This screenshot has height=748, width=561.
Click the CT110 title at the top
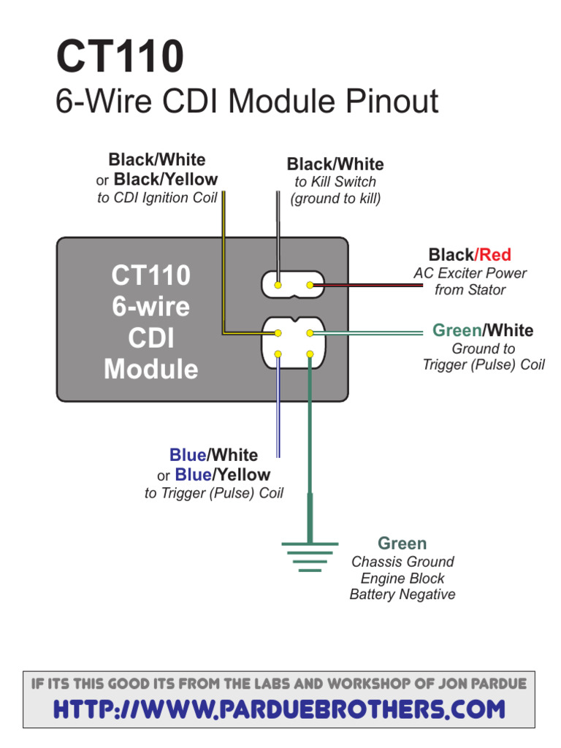pos(120,58)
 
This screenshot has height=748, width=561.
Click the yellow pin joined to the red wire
pos(310,285)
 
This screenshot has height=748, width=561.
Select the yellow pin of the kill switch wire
pos(278,285)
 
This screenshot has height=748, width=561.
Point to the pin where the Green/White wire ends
pos(310,333)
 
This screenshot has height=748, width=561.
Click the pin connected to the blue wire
pos(278,355)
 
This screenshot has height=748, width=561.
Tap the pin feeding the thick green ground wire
pos(310,355)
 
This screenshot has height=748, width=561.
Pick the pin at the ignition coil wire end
pos(278,333)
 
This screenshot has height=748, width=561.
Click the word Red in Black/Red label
pos(495,255)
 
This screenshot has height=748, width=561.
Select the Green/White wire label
pos(483,330)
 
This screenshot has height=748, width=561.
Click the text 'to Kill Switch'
pos(335,182)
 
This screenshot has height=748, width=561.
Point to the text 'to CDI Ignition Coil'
pos(157,198)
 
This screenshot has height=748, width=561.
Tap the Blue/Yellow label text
pos(222,475)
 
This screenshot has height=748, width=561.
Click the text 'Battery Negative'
pos(402,594)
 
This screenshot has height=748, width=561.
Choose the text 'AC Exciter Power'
pos(470,273)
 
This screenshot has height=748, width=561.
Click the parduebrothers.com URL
pos(280,709)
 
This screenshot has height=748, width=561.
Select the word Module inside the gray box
pos(151,369)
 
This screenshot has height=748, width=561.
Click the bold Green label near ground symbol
pos(402,543)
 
